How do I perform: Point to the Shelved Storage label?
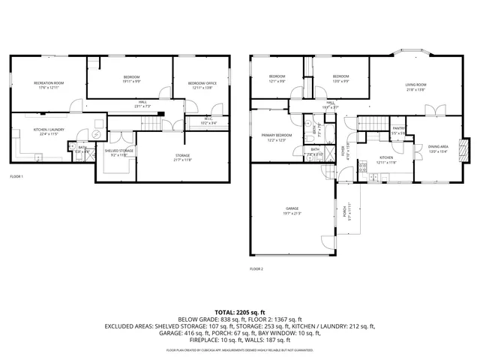tap(119, 151)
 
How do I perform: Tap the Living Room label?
tap(416, 85)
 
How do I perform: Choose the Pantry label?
tap(398, 128)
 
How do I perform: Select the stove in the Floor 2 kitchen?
tap(362, 171)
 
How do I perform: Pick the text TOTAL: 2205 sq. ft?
tap(240, 311)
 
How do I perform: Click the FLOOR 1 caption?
tap(16, 177)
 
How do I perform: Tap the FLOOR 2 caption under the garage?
tap(256, 268)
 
